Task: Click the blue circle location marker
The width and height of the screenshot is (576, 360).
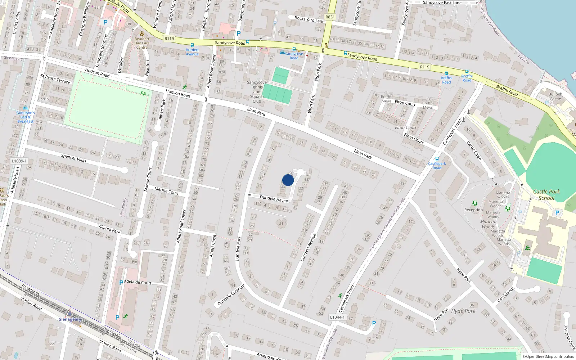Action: tap(288, 180)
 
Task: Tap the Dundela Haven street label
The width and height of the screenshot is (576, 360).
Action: tap(274, 199)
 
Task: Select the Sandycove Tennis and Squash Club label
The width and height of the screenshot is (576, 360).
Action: tap(257, 92)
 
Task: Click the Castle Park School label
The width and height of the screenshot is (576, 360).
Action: tap(546, 195)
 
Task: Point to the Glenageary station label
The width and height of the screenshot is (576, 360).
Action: tap(70, 319)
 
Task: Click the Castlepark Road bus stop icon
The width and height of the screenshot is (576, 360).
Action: tap(437, 159)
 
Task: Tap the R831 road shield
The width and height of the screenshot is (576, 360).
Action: tap(330, 17)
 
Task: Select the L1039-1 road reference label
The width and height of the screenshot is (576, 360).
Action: tap(19, 161)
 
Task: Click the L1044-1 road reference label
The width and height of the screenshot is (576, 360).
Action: tap(337, 317)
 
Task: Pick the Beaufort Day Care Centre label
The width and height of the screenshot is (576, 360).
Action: tap(142, 43)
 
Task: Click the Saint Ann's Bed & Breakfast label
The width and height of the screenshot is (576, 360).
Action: tap(25, 117)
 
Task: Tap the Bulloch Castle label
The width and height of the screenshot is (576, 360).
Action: tap(555, 96)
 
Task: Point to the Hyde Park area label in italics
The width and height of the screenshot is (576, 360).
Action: tap(463, 311)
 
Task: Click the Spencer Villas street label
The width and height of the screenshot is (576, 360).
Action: tap(74, 158)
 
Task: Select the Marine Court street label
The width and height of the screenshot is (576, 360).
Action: tap(166, 191)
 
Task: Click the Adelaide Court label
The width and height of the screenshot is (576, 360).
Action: tap(138, 283)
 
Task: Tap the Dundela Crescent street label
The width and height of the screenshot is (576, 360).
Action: tap(231, 294)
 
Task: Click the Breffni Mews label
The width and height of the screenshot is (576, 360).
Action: tap(428, 105)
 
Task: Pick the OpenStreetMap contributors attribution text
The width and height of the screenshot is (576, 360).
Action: tap(548, 357)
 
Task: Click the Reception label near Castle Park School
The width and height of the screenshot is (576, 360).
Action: tap(473, 210)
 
